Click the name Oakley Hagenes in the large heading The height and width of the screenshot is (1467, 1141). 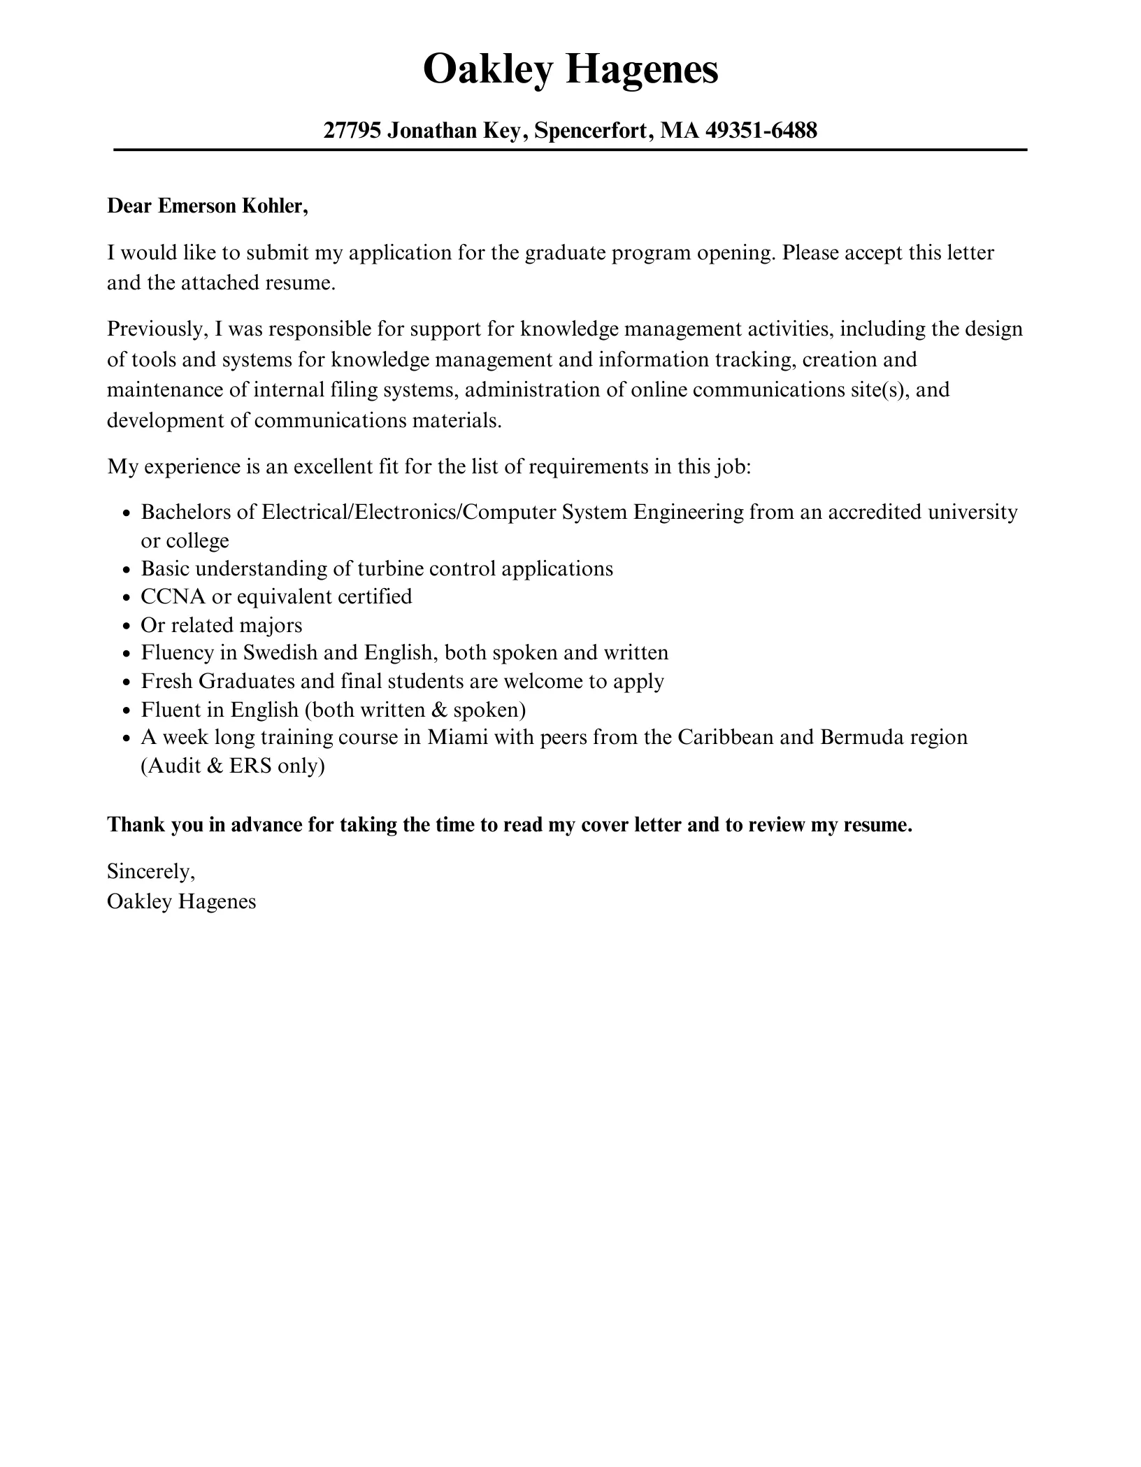click(x=570, y=70)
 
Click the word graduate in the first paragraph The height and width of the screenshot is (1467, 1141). click(x=565, y=252)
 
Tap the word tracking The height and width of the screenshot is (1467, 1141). click(x=755, y=359)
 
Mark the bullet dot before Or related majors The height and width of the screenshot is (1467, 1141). click(x=126, y=627)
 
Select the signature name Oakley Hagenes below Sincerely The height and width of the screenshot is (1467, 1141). click(x=182, y=901)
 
